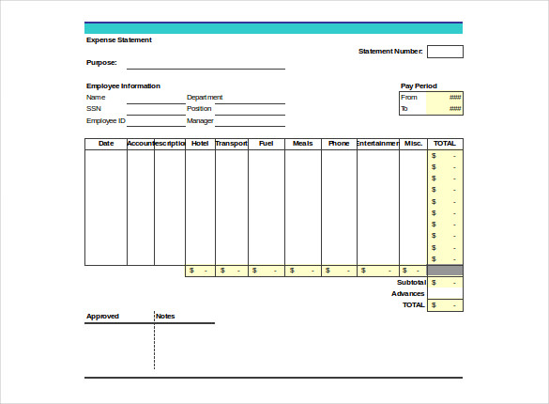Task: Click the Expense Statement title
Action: pos(119,40)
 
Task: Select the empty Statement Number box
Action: pos(445,52)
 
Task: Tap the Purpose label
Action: pos(101,63)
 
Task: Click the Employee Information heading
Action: pos(123,86)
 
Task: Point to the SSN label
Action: pos(94,109)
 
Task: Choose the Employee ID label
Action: pos(106,121)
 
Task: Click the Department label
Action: pos(205,97)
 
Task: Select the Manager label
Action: pos(200,121)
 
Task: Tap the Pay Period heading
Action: pos(419,86)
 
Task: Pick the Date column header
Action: pos(106,144)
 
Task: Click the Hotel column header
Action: pos(200,144)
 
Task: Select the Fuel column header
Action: pos(266,144)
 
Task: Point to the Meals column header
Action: pos(302,144)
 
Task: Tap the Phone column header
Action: pos(338,144)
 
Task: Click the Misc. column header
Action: pos(413,144)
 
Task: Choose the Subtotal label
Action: pos(411,282)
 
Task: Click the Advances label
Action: pos(408,293)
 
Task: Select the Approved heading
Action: pos(102,317)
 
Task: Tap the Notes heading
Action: pos(165,317)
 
